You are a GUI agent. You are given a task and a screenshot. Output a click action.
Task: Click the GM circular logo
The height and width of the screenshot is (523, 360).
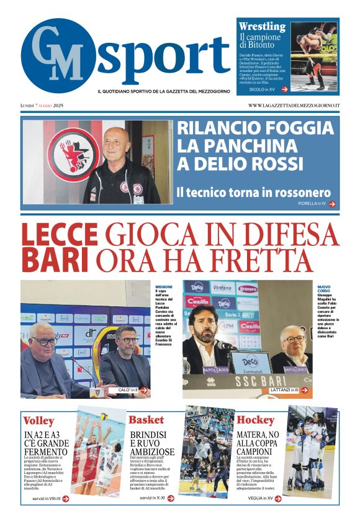pyautogui.click(x=58, y=56)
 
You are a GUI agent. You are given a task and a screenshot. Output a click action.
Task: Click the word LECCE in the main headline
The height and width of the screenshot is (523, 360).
pyautogui.click(x=60, y=235)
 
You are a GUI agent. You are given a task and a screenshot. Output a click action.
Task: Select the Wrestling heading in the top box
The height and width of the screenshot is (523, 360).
pyautogui.click(x=262, y=27)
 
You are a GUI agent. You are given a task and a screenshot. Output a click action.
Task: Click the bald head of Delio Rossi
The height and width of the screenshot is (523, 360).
pyautogui.click(x=117, y=140)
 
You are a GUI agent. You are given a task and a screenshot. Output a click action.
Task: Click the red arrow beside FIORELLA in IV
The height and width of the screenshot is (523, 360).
pyautogui.click(x=332, y=204)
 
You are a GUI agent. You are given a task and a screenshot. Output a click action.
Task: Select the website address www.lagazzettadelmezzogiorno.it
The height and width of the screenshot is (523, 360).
pyautogui.click(x=294, y=106)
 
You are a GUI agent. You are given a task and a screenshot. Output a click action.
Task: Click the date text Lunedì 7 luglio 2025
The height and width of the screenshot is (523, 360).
pyautogui.click(x=42, y=106)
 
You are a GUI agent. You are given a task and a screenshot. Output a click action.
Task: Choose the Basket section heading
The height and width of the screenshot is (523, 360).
pyautogui.click(x=146, y=421)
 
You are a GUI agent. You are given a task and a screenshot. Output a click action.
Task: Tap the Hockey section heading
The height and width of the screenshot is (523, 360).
pyautogui.click(x=255, y=421)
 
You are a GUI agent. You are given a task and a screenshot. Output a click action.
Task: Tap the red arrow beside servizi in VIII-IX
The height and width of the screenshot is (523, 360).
pyautogui.click(x=65, y=498)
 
